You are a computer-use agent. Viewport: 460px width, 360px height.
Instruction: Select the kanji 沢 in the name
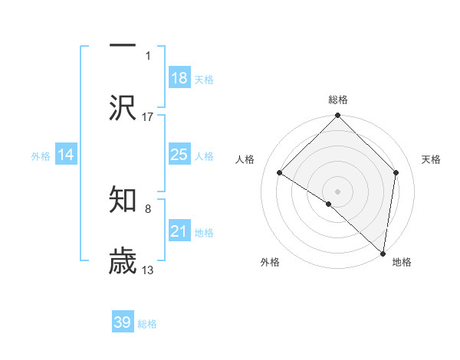[123, 108]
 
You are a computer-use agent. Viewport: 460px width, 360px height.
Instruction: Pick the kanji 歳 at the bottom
[123, 261]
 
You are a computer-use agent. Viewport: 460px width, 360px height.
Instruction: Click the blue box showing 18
[179, 78]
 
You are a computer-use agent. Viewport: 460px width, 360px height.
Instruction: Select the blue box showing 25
[179, 155]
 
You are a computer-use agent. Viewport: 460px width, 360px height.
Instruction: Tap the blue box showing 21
[179, 231]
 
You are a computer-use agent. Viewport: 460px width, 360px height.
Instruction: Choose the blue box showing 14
[66, 155]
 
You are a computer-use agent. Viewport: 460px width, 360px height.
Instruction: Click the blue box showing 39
[123, 322]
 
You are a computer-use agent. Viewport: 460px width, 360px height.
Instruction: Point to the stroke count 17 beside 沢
[148, 116]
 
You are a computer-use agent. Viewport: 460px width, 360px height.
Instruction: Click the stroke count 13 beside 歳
[148, 270]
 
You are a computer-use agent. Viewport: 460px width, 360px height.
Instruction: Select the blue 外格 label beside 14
[41, 155]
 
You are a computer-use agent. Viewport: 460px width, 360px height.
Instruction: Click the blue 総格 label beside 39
[147, 323]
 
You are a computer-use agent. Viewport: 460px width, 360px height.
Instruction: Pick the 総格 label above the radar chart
[337, 100]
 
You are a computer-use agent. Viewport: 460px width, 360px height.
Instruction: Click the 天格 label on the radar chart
[431, 159]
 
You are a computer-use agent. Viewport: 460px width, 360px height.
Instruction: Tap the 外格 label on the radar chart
[269, 263]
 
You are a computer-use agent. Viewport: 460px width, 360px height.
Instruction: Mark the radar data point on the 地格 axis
[383, 253]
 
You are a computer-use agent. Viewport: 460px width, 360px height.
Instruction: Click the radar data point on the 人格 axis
[280, 173]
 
